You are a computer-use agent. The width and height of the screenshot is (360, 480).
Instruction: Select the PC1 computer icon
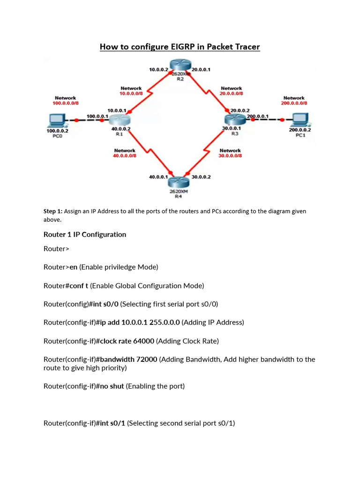click(299, 120)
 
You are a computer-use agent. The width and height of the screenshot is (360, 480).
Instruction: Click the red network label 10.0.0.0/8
click(131, 93)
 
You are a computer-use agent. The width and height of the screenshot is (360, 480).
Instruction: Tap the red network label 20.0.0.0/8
click(232, 93)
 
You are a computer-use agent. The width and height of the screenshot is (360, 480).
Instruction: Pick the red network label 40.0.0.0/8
click(125, 156)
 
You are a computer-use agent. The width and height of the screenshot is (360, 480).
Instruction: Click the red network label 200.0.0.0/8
click(294, 103)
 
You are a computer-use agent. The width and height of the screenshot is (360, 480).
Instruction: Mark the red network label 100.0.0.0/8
click(65, 103)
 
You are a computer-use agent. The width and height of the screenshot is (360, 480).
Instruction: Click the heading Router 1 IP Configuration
click(85, 234)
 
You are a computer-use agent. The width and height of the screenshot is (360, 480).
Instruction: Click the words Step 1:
click(53, 211)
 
